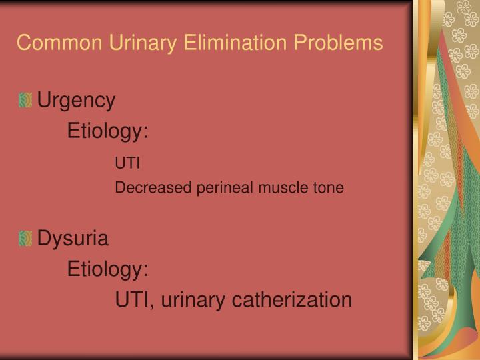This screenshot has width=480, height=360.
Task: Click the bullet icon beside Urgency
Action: (x=25, y=101)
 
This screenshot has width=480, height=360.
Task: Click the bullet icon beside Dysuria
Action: (x=25, y=237)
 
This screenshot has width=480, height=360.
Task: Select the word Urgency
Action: (x=76, y=101)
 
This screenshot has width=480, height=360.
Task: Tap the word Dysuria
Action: (x=73, y=238)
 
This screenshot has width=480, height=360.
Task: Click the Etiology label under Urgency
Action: (x=107, y=132)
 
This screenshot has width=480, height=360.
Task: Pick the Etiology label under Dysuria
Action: (x=107, y=269)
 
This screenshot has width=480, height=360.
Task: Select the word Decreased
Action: (x=153, y=188)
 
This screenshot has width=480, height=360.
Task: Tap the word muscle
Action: (x=282, y=188)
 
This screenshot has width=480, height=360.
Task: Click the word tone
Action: (x=329, y=188)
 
